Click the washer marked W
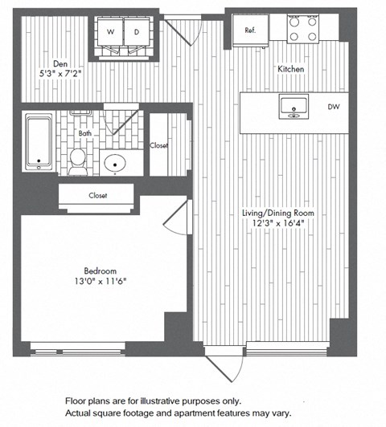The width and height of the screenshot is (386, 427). point(110,33)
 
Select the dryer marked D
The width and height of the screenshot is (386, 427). point(137,33)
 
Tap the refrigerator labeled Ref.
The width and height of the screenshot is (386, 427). point(250,30)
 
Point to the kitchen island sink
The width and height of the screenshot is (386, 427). point(291,106)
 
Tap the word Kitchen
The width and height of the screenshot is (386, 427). point(291,70)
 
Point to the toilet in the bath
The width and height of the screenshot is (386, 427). point(79,160)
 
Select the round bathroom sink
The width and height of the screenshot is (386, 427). point(117,164)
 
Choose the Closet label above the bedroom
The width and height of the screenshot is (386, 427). point(98,195)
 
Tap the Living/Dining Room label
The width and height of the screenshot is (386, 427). point(278,213)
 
